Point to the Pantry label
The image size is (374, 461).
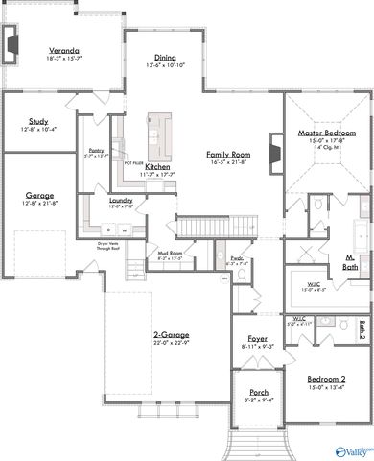click(95, 150)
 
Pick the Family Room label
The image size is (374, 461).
click(229, 154)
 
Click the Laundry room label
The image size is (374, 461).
click(120, 201)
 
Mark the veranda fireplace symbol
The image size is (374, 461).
click(12, 43)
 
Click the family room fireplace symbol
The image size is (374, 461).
click(273, 154)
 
